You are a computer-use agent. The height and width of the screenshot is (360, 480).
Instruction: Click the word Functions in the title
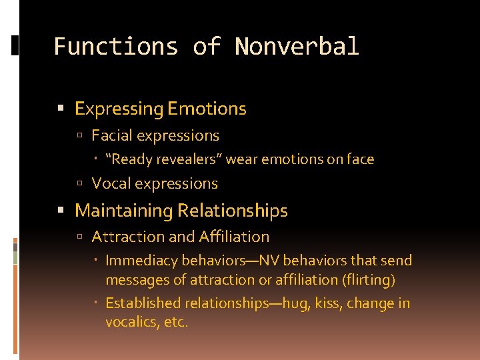115,47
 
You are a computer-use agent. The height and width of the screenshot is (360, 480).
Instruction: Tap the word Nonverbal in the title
297,47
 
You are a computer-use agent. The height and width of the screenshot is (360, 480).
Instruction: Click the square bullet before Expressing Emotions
62,109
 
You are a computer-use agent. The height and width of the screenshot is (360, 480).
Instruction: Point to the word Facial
111,135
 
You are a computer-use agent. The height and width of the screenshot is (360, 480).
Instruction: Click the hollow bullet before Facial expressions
79,136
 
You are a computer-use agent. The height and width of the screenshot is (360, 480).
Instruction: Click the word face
360,159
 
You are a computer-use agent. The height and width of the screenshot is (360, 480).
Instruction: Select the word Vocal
110,183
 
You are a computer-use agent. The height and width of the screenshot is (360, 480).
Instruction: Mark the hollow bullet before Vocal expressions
79,184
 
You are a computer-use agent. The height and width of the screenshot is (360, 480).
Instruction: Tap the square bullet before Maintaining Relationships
62,211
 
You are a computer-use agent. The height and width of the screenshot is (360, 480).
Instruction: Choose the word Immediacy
139,261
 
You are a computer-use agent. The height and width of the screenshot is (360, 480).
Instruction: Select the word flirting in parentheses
370,280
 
